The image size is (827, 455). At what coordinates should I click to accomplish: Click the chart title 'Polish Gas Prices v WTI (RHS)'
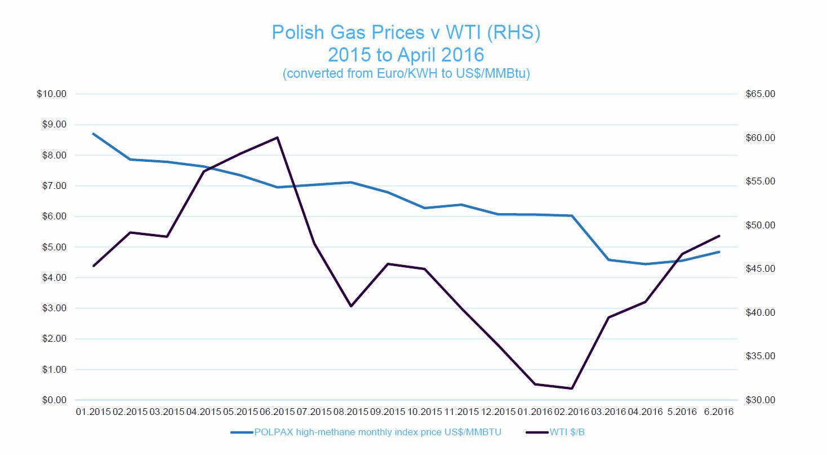point(406,32)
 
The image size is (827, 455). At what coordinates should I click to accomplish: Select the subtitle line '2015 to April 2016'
point(406,55)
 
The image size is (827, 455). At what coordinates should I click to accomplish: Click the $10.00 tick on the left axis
point(51,94)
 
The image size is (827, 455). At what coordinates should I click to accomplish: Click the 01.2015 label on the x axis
point(94,413)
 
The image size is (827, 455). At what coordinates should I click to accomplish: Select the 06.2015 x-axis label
point(278,413)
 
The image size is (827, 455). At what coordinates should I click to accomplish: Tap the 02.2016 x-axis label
point(572,413)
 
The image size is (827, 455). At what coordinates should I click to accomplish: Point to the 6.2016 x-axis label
point(718,413)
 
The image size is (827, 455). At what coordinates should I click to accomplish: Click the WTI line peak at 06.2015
point(278,138)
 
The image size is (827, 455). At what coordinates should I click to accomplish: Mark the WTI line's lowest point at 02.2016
point(572,388)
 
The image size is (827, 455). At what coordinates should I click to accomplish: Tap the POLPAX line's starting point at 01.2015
point(94,134)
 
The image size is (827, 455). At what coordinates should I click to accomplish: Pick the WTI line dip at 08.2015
point(351,306)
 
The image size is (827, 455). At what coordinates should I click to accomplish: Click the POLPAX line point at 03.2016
point(608,260)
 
